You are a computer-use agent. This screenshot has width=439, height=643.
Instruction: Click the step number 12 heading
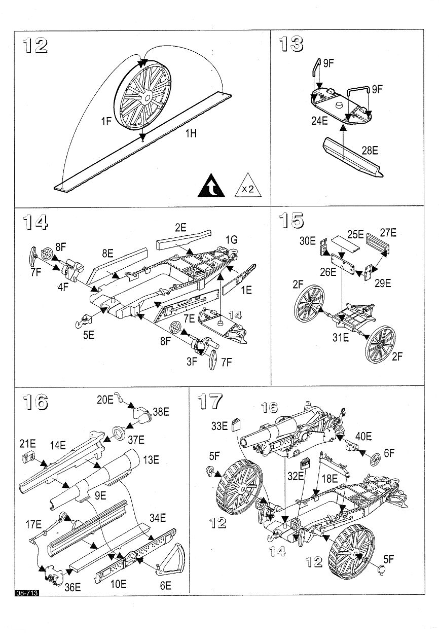click(35, 45)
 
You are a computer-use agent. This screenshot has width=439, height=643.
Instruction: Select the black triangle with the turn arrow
click(211, 186)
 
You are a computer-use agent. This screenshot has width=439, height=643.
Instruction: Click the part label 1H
click(191, 133)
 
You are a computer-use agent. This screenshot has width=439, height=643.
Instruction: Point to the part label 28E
click(370, 151)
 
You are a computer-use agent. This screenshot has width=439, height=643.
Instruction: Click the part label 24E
click(320, 121)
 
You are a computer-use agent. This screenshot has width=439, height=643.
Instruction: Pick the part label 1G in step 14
click(231, 240)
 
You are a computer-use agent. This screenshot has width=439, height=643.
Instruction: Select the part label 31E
click(341, 338)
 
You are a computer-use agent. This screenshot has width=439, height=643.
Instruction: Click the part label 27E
click(388, 233)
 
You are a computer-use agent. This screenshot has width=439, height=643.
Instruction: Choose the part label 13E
click(151, 460)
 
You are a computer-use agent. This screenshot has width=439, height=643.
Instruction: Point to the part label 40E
click(363, 436)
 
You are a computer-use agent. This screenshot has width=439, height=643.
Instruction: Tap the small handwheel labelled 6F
click(375, 461)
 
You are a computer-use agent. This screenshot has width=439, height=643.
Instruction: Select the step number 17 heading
click(210, 401)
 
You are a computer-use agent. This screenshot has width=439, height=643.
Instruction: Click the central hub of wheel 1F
click(147, 98)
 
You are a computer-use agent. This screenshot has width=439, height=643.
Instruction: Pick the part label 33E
click(219, 426)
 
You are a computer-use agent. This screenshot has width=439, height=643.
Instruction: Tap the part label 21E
click(27, 444)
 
